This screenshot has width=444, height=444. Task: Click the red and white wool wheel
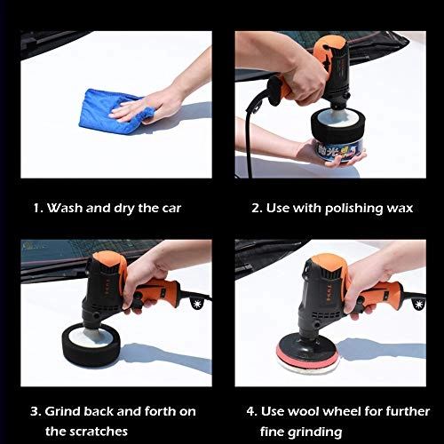point(308,356)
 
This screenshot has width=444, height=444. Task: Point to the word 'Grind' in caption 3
point(62,412)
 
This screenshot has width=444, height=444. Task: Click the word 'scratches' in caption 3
point(98,432)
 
